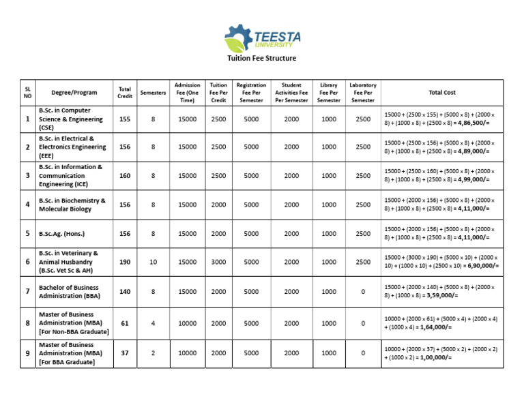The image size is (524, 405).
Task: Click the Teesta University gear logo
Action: [x=238, y=38]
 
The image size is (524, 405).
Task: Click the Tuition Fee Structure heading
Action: [x=261, y=59]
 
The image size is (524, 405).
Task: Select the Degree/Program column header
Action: [x=74, y=93]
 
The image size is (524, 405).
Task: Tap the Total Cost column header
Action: [x=441, y=93]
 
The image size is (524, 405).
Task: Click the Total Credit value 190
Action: [x=124, y=262]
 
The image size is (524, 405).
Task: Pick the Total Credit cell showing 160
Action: [x=124, y=175]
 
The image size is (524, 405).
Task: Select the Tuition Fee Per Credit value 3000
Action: [x=218, y=262]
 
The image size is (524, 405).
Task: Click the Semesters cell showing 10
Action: [x=153, y=262]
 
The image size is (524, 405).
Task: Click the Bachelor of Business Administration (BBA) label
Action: [x=69, y=292]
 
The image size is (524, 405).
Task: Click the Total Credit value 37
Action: [x=124, y=353]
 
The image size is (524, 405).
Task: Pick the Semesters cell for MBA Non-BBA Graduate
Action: [x=153, y=323]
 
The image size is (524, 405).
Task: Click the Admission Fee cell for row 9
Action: [x=187, y=353]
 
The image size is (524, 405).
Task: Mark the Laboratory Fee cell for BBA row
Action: [x=363, y=292]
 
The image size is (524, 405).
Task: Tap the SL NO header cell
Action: [x=28, y=93]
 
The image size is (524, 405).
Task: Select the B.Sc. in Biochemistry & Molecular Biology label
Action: [x=72, y=205]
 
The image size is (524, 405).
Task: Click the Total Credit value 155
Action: [x=124, y=119]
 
